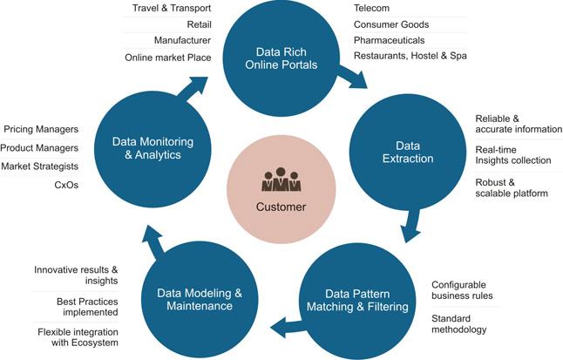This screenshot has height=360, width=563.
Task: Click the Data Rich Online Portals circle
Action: coord(281,57)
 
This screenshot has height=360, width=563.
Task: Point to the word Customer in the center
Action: coord(281,207)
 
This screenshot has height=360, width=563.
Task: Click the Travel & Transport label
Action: coord(172,8)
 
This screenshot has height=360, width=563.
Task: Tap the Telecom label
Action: coord(371,8)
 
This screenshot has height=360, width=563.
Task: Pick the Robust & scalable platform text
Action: coord(512,187)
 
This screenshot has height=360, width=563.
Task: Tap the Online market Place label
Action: coord(168,58)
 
